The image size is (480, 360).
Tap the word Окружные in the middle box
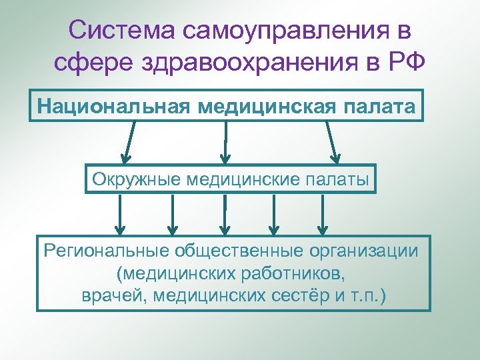pyautogui.click(x=137, y=178)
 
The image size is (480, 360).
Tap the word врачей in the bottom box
pyautogui.click(x=114, y=295)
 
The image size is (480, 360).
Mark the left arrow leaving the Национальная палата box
pyautogui.click(x=129, y=141)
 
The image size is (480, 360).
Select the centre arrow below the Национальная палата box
pyautogui.click(x=226, y=141)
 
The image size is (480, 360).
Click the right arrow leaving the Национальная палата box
pyautogui.click(x=331, y=141)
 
